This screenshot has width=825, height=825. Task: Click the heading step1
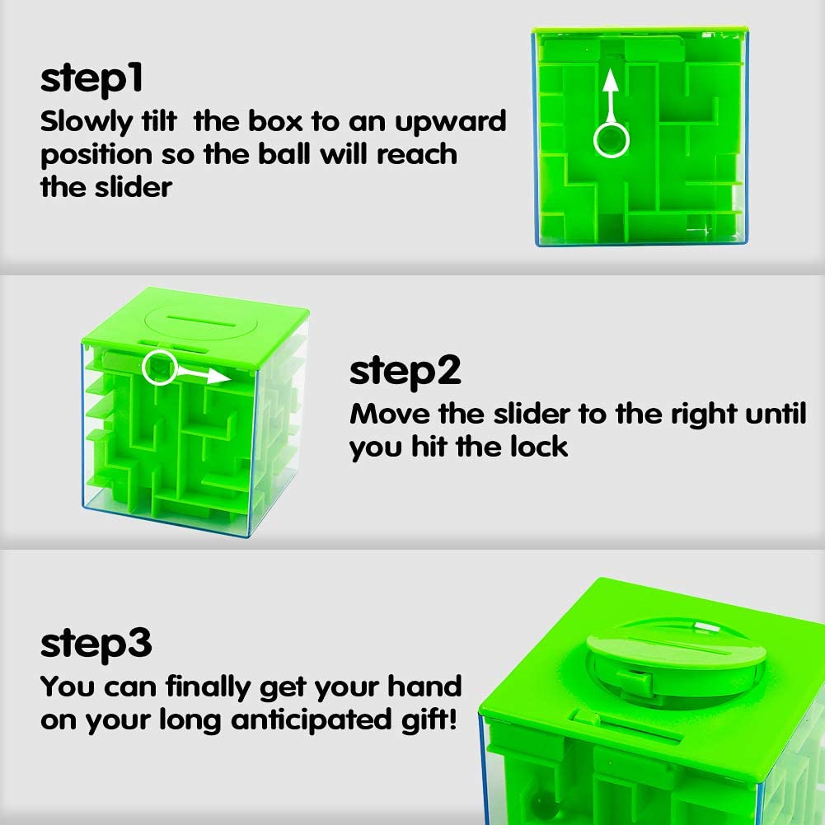tap(92, 80)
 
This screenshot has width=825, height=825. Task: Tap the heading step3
tap(96, 645)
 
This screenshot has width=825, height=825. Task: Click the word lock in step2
tap(540, 447)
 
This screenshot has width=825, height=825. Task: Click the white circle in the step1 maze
tap(610, 141)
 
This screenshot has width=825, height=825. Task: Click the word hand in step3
tap(425, 686)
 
